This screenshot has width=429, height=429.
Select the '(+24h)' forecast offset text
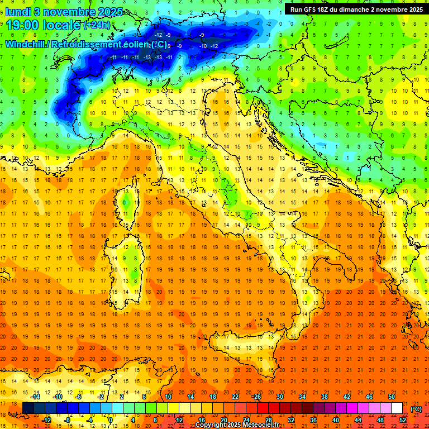[97, 25]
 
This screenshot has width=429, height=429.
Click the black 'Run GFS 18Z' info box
[356, 9]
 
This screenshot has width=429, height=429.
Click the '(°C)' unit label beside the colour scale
[416, 408]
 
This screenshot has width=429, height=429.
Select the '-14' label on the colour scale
[35, 397]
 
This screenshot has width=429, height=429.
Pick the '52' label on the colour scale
[403, 420]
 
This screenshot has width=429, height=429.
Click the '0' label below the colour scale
[111, 420]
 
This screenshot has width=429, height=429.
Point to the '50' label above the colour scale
[391, 397]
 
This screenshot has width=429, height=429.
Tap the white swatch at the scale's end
[397, 408]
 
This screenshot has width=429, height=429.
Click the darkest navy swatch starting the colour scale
[28, 408]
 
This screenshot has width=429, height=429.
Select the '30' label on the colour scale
[279, 397]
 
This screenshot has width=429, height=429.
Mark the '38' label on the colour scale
[325, 397]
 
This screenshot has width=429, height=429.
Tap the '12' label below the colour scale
[179, 420]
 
